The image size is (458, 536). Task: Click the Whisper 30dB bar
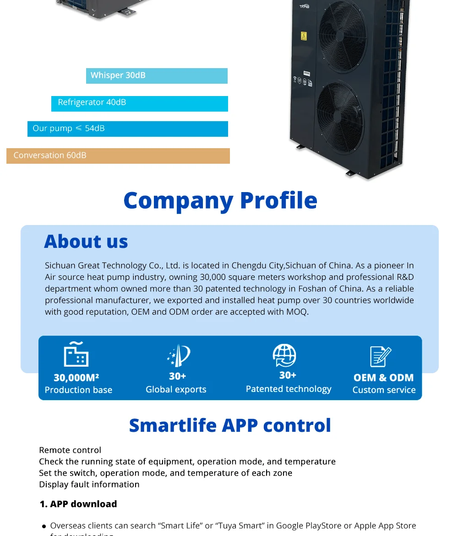(x=157, y=76)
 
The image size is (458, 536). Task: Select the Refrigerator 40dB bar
(x=139, y=103)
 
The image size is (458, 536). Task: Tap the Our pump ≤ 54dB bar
(x=127, y=129)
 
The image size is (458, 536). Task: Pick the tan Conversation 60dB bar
(x=118, y=156)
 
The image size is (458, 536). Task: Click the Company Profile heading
(x=220, y=200)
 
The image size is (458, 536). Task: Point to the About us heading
(x=86, y=241)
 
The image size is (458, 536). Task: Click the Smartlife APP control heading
(x=230, y=425)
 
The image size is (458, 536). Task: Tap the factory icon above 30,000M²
(x=76, y=355)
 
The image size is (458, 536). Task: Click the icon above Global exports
(x=178, y=356)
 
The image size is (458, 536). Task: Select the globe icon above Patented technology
(x=284, y=355)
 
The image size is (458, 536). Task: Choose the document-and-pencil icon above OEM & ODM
(x=380, y=357)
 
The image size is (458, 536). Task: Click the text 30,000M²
(x=76, y=378)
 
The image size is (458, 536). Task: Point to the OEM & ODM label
(x=383, y=378)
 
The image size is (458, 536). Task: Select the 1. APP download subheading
(x=78, y=504)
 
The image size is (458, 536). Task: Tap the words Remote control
(x=70, y=450)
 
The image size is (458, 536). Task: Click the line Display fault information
(x=89, y=484)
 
